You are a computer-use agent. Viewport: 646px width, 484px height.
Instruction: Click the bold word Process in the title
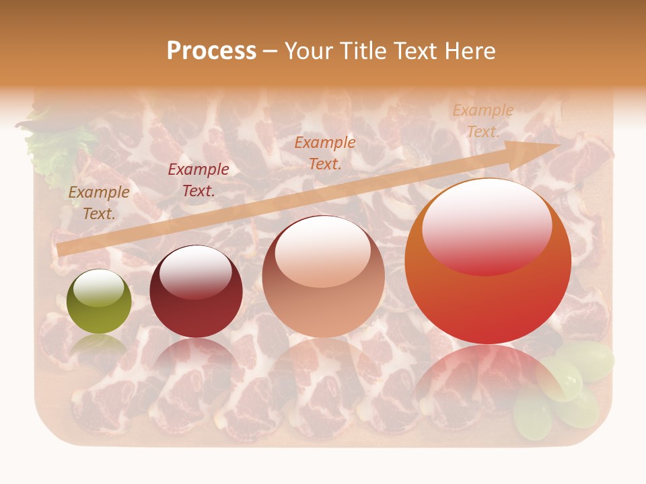click(211, 50)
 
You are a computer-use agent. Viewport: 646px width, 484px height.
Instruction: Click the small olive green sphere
click(99, 301)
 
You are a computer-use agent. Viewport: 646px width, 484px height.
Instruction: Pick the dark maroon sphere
click(196, 291)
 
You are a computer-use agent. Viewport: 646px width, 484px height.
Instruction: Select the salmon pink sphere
click(324, 276)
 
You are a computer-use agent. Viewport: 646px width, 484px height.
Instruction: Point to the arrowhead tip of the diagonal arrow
click(559, 145)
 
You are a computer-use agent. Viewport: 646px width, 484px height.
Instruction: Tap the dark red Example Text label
click(198, 180)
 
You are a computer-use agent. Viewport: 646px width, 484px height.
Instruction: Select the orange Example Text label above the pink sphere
click(325, 153)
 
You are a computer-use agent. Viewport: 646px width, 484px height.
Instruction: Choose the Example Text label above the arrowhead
click(482, 121)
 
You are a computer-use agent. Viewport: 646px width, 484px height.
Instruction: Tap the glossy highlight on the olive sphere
click(98, 288)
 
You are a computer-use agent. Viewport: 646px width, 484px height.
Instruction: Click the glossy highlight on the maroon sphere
click(195, 272)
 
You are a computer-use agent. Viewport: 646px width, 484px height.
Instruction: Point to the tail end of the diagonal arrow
click(61, 250)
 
